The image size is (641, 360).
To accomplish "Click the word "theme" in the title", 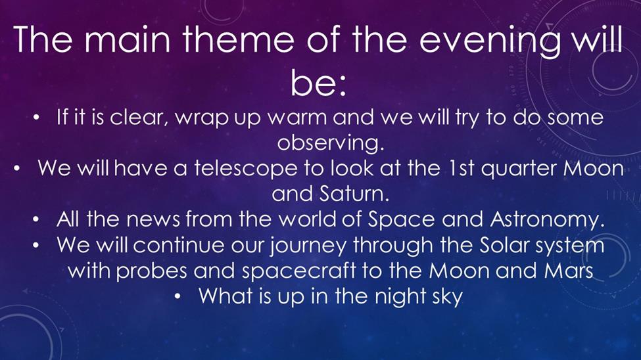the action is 238,39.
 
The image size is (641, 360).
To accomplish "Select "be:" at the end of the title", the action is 318,83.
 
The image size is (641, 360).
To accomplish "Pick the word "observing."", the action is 331,143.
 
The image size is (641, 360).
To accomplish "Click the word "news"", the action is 153,220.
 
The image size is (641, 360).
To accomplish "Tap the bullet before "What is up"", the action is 178,297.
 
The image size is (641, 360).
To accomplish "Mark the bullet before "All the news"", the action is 36,221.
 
